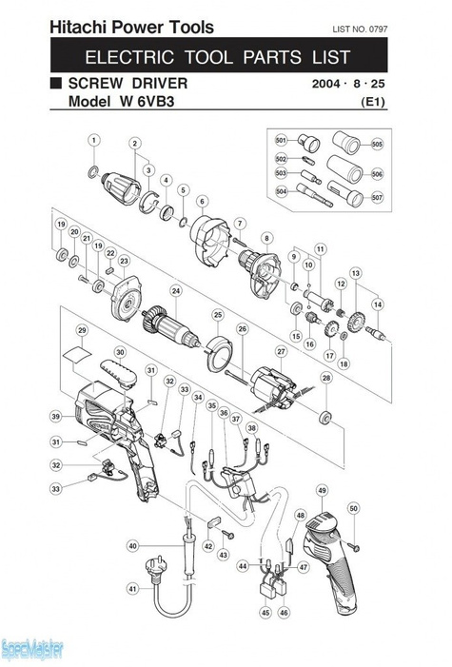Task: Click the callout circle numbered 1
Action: click(93, 141)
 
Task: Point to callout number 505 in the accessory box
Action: click(378, 145)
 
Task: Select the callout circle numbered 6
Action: click(202, 201)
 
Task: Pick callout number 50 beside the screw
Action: click(353, 509)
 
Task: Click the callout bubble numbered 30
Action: click(120, 352)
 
